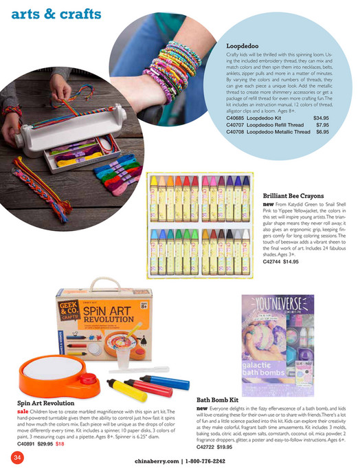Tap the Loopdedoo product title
coord(245,46)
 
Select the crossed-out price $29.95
coord(45,444)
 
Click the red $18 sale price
coord(60,444)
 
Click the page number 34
coord(13,456)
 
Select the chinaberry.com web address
coord(156,461)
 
